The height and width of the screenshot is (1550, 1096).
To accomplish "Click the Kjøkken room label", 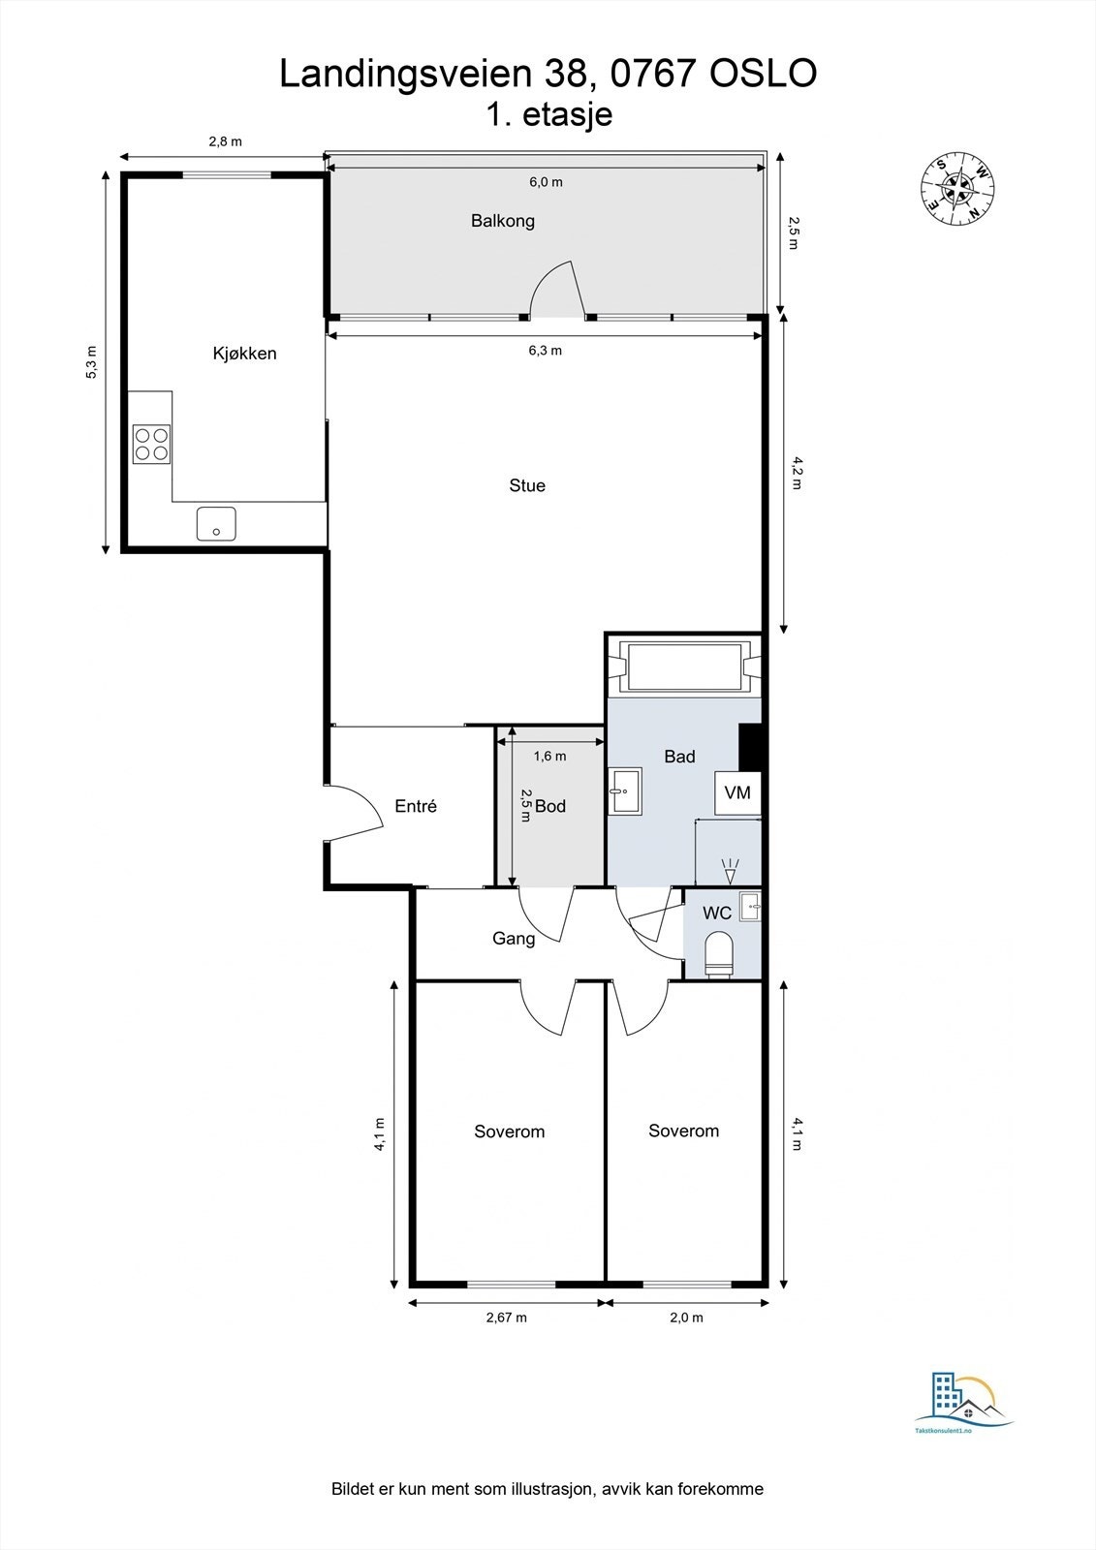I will coord(244,354).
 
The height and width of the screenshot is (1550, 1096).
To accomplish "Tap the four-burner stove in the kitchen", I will coord(151,444).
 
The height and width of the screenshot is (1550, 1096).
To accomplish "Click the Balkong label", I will coord(502,221).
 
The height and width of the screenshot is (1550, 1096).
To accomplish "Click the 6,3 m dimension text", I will coord(545,351).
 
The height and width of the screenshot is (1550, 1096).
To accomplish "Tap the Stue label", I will coord(527,485).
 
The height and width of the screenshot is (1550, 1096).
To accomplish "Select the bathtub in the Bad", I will coord(685,666).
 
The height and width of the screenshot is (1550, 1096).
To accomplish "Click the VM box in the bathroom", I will coord(737,793).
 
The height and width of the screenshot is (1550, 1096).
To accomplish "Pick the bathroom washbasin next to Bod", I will coord(625,791).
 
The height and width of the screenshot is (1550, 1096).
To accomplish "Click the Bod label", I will coord(550,806).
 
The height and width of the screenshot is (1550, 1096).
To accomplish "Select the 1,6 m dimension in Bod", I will coord(549,756).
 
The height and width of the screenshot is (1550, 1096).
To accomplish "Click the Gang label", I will coord(514,938).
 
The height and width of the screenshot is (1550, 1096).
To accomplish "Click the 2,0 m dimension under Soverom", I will coord(686,1317).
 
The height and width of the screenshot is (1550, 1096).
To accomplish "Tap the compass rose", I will coord(957,188).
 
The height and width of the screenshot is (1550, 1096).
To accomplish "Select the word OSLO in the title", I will coord(764,74).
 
